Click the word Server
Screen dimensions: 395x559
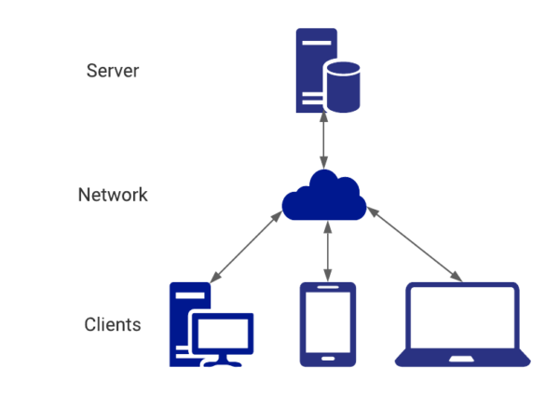(113, 71)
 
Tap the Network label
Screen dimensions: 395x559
(113, 196)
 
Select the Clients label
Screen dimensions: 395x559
(113, 325)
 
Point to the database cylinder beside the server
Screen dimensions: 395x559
(342, 87)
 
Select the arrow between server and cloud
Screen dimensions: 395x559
(324, 140)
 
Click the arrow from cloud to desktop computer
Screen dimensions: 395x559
(247, 247)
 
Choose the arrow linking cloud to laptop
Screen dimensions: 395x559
(415, 243)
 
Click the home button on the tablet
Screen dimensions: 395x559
(327, 358)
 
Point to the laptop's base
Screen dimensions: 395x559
(463, 360)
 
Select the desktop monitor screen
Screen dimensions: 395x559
(223, 332)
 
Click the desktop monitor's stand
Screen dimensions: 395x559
(223, 360)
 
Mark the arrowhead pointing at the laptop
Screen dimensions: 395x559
(457, 278)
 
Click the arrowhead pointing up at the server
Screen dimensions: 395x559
(324, 116)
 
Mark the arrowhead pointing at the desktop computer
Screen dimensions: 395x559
(214, 279)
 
